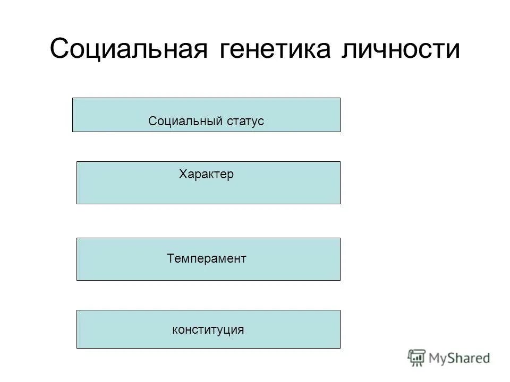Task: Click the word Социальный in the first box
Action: [x=177, y=121]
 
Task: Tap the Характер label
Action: [x=206, y=174]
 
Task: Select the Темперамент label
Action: [x=207, y=258]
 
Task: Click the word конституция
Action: [x=208, y=329]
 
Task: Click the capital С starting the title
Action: [x=59, y=49]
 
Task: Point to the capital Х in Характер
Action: [x=183, y=174]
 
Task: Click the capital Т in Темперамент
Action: [x=170, y=258]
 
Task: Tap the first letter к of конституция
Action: [x=175, y=330]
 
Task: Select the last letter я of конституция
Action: [x=241, y=330]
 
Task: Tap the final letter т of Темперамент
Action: [x=243, y=259]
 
